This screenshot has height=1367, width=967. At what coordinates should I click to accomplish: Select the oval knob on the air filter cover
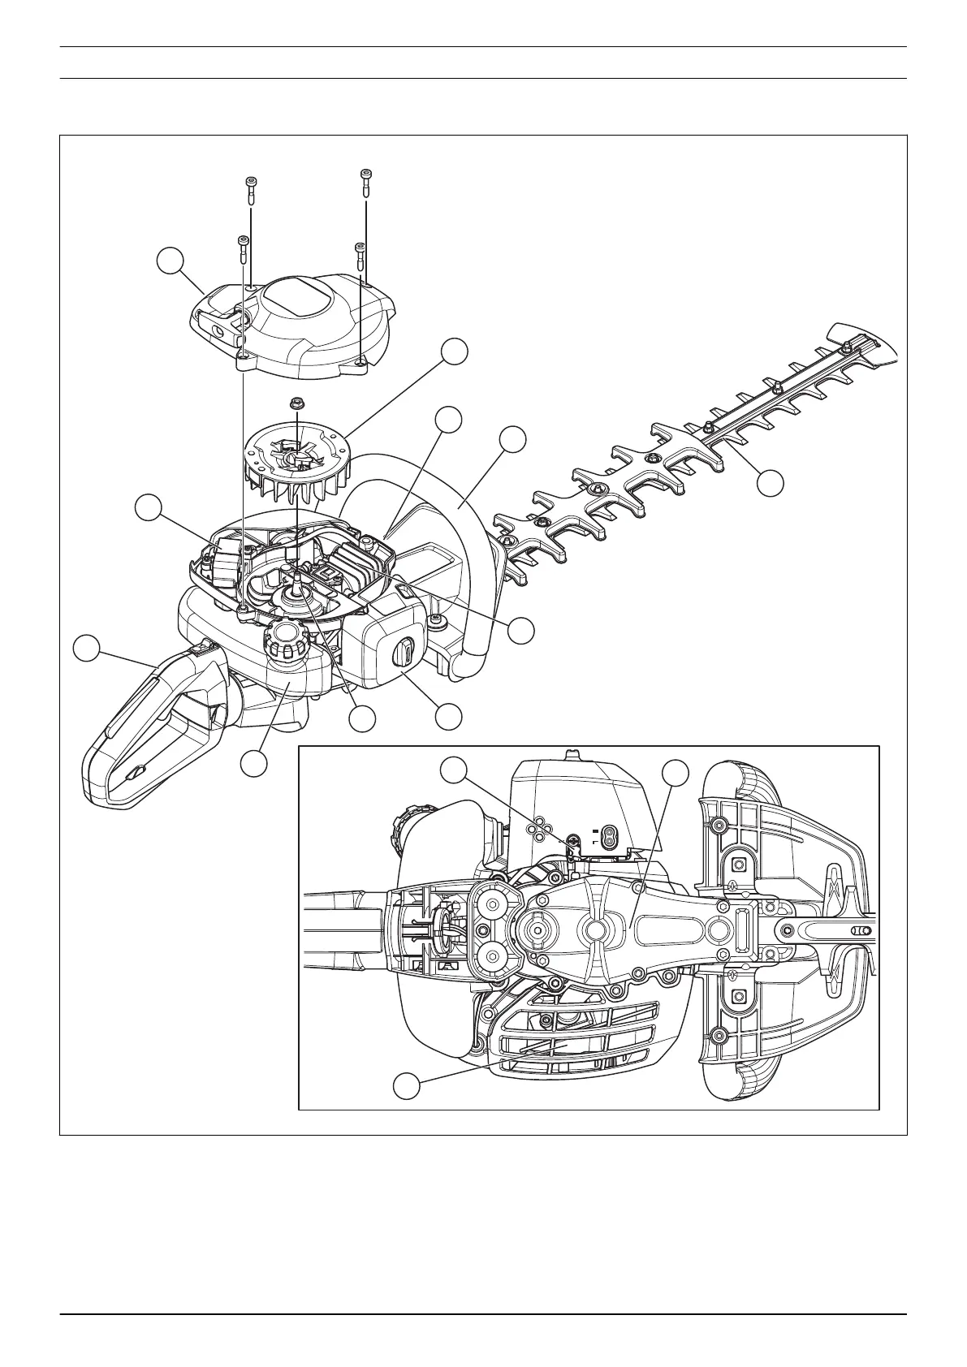[x=403, y=651]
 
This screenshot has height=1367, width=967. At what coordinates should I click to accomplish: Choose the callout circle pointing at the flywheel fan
[x=455, y=351]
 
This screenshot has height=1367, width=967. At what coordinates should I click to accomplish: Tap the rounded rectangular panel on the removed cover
[x=299, y=292]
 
